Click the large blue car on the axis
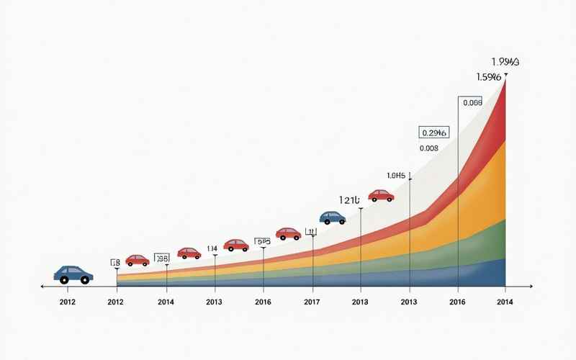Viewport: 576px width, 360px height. tap(73, 274)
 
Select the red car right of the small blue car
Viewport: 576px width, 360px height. tap(381, 195)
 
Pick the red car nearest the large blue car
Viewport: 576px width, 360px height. tap(137, 260)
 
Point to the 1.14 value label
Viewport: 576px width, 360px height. tap(212, 248)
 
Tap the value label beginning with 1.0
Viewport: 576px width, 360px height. tap(397, 175)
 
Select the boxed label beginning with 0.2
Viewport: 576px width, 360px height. tap(433, 132)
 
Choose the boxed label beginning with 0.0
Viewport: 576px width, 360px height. tap(472, 103)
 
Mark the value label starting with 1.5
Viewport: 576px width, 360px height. tap(489, 76)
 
